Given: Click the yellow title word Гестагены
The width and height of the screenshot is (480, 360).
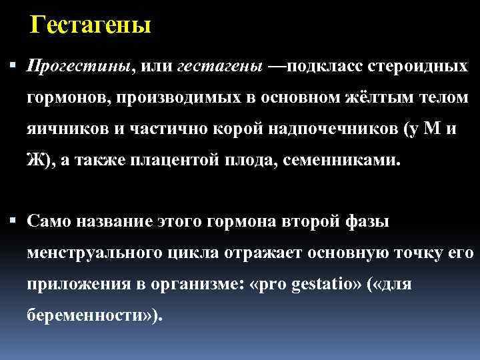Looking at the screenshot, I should (x=91, y=25).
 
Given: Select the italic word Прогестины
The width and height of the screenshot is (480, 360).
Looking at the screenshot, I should (x=79, y=67).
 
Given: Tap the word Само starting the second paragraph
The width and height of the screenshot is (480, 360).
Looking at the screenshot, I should (x=48, y=221).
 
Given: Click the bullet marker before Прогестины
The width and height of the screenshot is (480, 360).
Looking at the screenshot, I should (x=15, y=67).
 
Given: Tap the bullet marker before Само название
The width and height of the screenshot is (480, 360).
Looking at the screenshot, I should (x=15, y=221).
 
